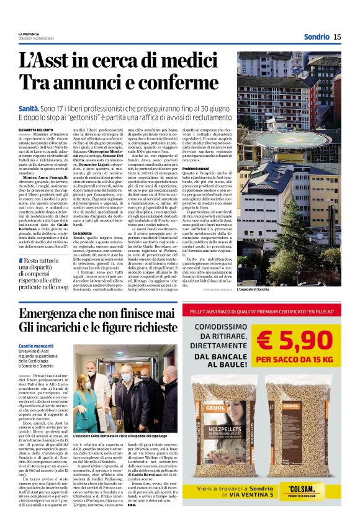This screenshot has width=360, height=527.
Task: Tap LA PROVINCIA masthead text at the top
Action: pos(29,34)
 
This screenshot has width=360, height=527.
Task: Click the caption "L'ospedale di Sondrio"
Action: pos(254,289)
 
